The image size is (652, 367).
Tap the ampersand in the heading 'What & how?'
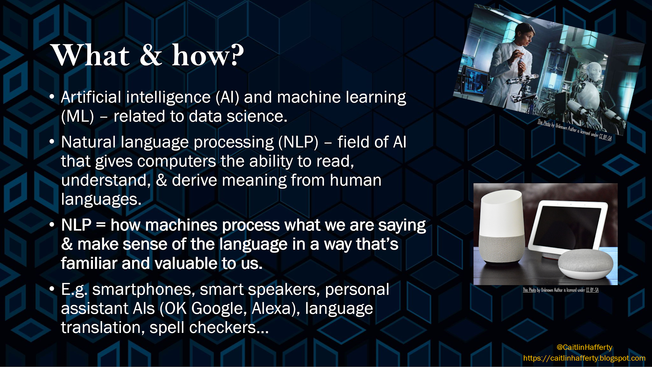(151, 56)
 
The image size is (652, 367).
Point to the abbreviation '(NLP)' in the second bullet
(298, 142)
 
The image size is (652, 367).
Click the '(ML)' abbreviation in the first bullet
(78, 116)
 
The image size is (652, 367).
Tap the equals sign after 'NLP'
(101, 225)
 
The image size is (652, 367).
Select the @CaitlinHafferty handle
(584, 347)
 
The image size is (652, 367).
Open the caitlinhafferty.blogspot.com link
(584, 358)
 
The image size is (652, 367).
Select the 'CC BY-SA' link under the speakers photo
(592, 290)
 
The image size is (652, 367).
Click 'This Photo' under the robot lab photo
(544, 123)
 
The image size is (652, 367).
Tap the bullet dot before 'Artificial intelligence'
(52, 97)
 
